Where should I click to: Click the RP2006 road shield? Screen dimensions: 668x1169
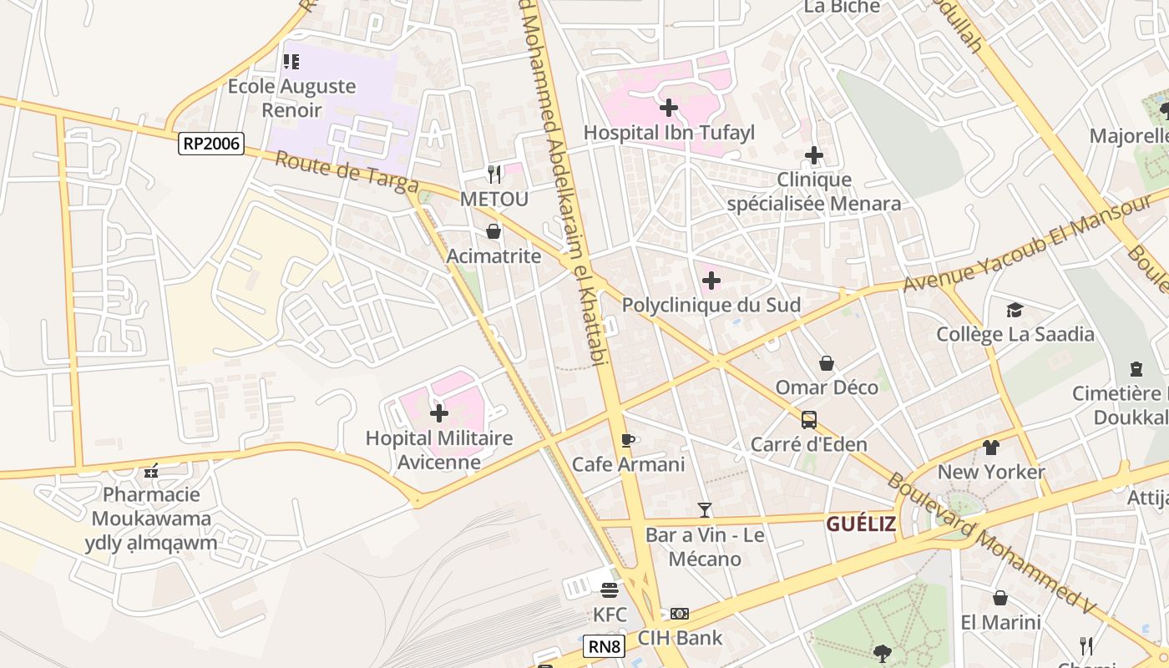tap(211, 144)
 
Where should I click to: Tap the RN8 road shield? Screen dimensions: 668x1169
tap(605, 646)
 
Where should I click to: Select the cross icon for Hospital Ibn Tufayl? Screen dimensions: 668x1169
tap(668, 108)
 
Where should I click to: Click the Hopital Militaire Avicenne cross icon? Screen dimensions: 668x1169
tap(439, 413)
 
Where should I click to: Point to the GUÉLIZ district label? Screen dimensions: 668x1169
tap(861, 524)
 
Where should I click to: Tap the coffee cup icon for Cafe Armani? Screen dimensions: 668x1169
tap(628, 440)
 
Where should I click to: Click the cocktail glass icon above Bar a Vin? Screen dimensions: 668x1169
tap(705, 509)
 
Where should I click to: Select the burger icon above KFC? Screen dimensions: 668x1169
tap(609, 590)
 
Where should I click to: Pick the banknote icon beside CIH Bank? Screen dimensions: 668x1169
tap(680, 614)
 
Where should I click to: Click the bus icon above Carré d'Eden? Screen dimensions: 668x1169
tap(808, 419)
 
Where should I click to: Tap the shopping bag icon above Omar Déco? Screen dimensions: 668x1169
tap(827, 363)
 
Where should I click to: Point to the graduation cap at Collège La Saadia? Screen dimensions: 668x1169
tap(1015, 311)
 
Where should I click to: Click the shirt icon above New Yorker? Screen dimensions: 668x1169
tap(991, 448)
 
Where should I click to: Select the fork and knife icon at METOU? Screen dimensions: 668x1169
tap(494, 175)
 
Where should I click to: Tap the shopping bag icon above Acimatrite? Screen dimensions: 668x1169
tap(493, 231)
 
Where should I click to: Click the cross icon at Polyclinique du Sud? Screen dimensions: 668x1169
tap(711, 281)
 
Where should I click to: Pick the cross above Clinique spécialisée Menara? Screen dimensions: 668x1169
tap(813, 155)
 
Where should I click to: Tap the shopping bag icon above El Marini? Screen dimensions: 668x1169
tap(1000, 598)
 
